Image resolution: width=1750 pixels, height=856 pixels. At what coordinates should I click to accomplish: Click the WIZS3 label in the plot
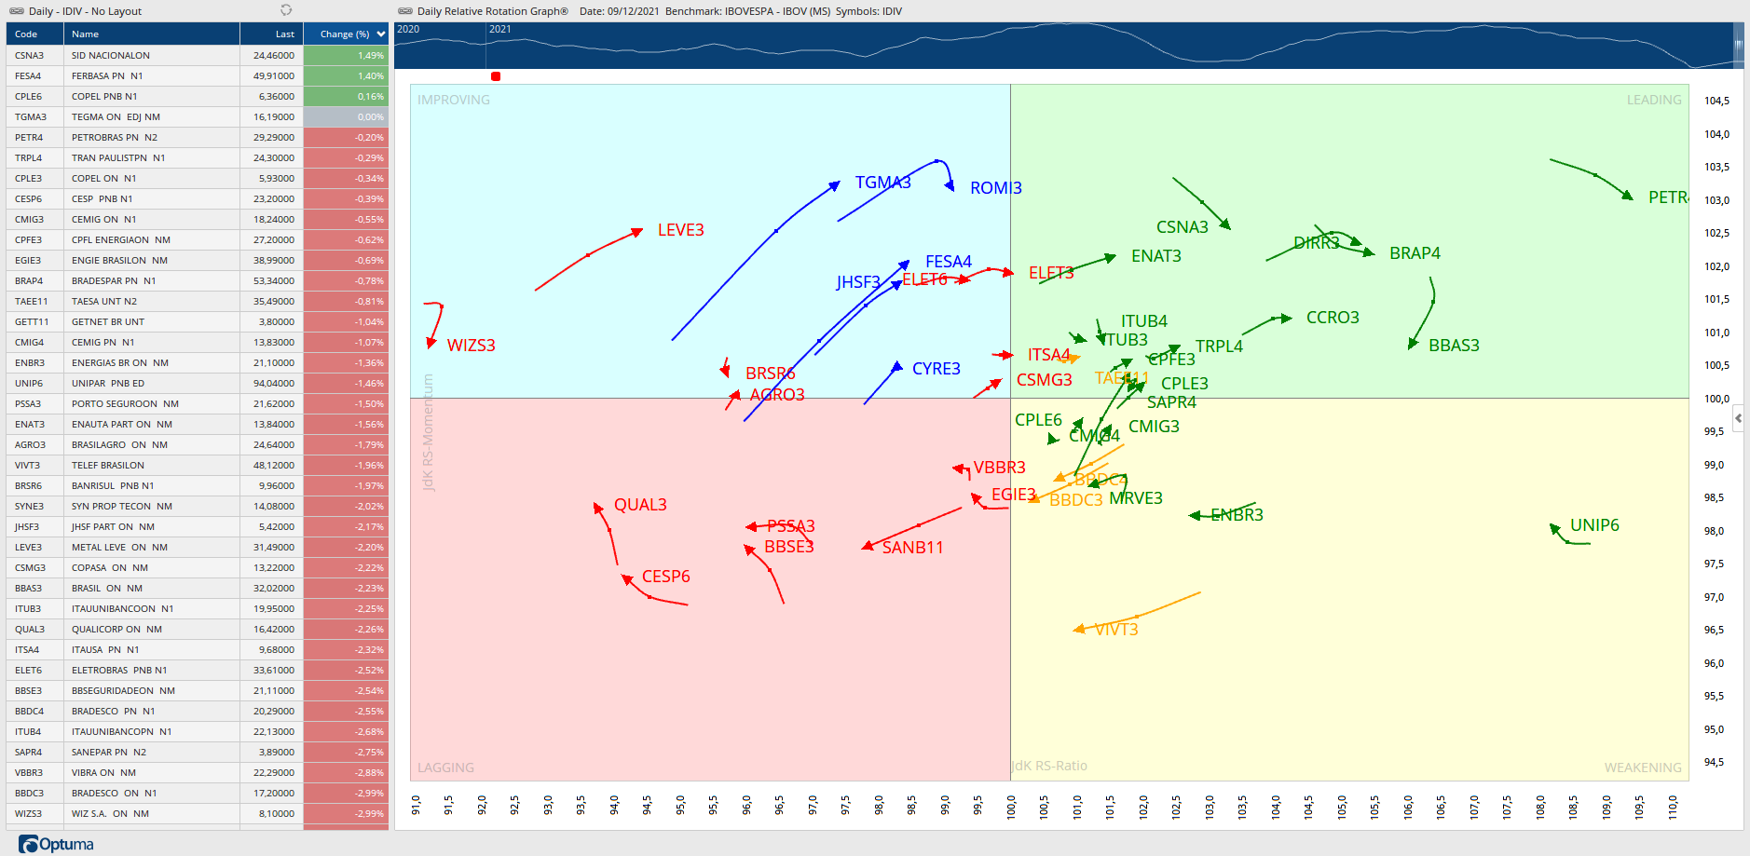471,346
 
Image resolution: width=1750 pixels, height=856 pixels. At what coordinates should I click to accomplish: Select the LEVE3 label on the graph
680,230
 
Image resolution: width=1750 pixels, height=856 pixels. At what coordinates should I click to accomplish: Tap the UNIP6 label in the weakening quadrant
1593,525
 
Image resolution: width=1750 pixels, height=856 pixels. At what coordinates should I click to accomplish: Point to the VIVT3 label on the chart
1116,630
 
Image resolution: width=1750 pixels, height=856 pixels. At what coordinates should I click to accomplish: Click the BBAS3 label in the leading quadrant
1454,346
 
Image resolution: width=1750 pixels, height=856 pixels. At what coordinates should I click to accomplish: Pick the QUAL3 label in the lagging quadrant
640,505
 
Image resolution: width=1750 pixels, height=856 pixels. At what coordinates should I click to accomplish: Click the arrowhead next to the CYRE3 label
897,366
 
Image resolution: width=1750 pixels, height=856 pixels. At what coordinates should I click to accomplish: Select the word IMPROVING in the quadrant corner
453,100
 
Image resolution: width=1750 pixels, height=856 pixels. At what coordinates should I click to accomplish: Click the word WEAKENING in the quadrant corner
1642,768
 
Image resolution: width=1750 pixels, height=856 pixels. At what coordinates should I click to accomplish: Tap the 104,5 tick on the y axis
1716,101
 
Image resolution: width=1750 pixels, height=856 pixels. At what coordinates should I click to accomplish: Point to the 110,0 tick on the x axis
1673,806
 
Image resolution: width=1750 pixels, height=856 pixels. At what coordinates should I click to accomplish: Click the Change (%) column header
345,34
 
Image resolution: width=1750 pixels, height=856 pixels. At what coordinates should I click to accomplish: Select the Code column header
26,34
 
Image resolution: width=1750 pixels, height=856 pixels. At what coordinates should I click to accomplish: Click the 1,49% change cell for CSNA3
346,55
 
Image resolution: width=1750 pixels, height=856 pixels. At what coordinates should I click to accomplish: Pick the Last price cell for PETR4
273,137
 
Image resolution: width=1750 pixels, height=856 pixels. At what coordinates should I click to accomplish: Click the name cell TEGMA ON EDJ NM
116,116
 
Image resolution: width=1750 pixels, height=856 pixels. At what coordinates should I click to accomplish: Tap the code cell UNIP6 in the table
29,383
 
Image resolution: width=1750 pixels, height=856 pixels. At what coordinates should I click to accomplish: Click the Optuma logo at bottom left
56,844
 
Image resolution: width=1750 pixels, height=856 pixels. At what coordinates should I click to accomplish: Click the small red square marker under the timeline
496,76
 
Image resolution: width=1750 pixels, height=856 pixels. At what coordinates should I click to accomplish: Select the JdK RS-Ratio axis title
1049,766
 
